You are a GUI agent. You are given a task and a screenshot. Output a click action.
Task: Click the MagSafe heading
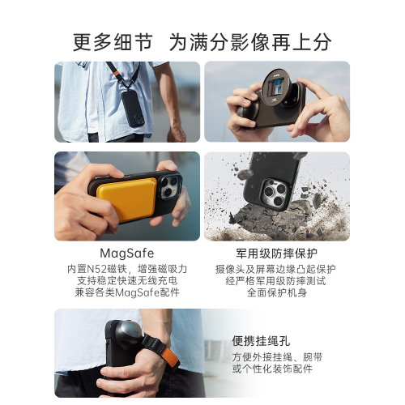click(127, 254)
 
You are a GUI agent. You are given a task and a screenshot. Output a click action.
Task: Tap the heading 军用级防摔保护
click(277, 254)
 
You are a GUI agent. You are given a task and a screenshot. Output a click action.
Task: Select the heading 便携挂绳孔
click(261, 341)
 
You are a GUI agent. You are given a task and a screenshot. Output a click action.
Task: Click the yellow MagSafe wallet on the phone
click(126, 199)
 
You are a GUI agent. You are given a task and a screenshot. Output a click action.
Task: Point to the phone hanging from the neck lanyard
click(133, 109)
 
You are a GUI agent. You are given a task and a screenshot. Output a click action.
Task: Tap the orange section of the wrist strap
click(171, 357)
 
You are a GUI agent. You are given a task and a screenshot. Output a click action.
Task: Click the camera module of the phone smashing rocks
click(275, 192)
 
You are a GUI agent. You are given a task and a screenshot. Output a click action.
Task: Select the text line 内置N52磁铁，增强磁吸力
click(127, 269)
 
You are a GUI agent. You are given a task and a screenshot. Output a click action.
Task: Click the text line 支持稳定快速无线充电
click(127, 281)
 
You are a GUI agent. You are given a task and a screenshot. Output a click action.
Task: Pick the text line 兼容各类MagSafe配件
click(127, 292)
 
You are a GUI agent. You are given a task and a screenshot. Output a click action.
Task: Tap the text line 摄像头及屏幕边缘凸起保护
click(275, 269)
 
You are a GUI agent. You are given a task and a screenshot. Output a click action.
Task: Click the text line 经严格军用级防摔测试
click(275, 281)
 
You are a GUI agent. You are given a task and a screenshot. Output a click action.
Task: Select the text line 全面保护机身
click(277, 292)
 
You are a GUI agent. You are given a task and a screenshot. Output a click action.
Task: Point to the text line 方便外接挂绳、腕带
click(277, 357)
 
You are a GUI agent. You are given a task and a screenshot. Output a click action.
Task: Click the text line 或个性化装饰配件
click(272, 369)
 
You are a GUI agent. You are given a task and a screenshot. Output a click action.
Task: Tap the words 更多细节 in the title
click(113, 42)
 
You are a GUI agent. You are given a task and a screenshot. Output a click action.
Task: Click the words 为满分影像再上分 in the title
click(250, 42)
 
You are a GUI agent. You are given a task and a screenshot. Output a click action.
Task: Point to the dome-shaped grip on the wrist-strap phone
click(128, 334)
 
